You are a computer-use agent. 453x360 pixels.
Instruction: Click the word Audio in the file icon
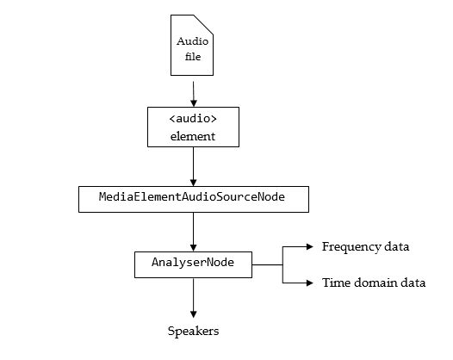coord(192,41)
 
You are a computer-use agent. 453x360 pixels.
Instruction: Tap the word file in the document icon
coord(193,56)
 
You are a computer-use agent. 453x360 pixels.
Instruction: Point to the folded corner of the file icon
coord(203,25)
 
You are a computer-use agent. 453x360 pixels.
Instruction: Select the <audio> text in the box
coord(193,119)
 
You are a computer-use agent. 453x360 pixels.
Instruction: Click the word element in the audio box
coord(193,136)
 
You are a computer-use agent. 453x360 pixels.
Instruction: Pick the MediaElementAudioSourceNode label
coord(192,196)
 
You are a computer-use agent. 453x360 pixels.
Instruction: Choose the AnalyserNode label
coord(193,263)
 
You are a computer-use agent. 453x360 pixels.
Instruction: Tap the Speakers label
coord(193,331)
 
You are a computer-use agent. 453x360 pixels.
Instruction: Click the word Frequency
coord(352,247)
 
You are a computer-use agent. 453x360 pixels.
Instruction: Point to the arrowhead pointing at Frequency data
coord(310,246)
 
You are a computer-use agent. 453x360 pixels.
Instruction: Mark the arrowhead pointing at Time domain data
coord(310,282)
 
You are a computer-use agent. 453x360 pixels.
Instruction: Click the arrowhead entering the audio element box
coord(194,103)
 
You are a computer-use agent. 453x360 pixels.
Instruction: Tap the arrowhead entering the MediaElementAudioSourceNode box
coord(194,183)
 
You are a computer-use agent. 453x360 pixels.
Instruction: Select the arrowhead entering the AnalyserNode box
coord(194,248)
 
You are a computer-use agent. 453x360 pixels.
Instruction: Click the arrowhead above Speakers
coord(194,314)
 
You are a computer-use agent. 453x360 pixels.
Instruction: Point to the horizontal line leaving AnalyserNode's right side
coord(267,264)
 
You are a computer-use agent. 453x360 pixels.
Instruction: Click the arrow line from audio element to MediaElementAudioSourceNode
coord(194,166)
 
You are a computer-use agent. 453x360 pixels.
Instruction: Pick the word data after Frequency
coord(397,246)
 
